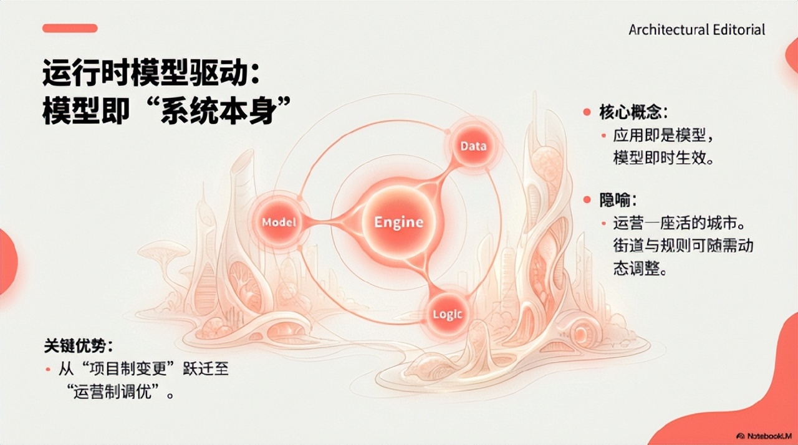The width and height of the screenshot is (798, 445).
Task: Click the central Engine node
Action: [x=398, y=222]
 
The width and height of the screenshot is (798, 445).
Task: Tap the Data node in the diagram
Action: [x=473, y=146]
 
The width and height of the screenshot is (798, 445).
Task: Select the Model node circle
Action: [x=278, y=222]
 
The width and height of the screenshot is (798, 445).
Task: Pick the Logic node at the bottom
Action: [x=447, y=313]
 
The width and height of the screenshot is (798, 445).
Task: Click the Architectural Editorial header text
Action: [x=696, y=30]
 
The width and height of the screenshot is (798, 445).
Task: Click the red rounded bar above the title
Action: [x=70, y=28]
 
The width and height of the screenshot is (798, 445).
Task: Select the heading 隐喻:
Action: [x=618, y=199]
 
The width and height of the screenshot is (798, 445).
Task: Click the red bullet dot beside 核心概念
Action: [x=586, y=113]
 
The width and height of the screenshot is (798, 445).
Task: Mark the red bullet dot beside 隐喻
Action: [x=586, y=199]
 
